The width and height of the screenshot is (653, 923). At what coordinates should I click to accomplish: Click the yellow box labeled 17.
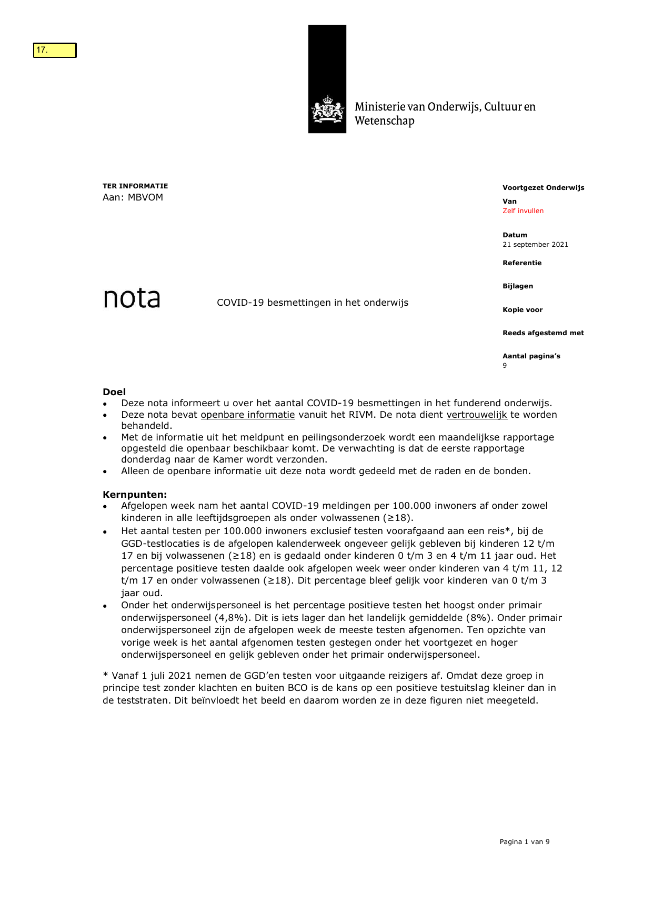click(55, 51)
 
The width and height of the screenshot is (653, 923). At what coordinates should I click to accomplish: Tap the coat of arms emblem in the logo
click(327, 109)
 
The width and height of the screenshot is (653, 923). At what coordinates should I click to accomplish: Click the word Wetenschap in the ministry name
click(384, 121)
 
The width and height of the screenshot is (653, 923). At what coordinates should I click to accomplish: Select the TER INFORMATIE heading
click(135, 186)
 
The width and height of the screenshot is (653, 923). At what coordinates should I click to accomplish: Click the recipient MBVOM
click(145, 197)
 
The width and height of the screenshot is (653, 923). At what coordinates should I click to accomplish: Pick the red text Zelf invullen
click(523, 211)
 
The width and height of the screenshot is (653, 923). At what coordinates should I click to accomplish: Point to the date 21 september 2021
click(535, 245)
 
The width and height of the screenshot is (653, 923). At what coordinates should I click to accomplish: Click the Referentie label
click(521, 263)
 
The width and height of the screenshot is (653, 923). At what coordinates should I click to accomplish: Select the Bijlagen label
click(517, 286)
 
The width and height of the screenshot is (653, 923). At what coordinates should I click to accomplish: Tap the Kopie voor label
click(522, 310)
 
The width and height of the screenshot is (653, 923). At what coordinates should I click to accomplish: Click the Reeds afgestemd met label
click(543, 333)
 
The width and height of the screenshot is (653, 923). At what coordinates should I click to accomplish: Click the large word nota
click(132, 298)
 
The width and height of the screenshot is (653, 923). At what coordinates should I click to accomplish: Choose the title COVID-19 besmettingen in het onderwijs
click(313, 303)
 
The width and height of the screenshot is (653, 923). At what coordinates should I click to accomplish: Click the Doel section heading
click(114, 392)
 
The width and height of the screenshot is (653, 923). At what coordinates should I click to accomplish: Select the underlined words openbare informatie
click(248, 415)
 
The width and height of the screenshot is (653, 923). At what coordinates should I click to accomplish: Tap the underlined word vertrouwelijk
click(477, 415)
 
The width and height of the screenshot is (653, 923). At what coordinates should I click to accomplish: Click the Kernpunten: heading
click(135, 495)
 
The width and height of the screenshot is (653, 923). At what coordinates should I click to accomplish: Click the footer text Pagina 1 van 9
click(524, 842)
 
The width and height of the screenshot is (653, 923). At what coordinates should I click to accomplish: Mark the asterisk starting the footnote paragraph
click(105, 675)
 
